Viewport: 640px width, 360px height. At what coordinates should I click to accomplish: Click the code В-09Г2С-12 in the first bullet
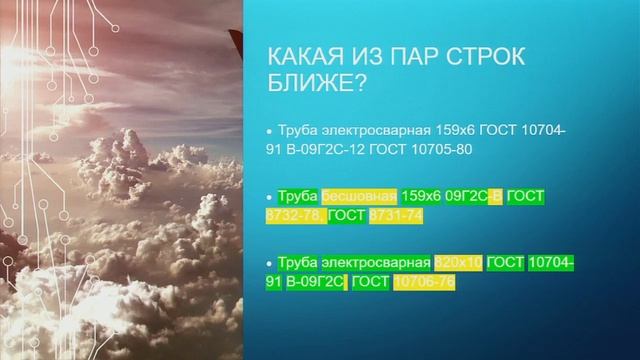[x=328, y=149]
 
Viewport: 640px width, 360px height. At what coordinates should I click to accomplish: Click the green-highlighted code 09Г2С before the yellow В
[x=467, y=195]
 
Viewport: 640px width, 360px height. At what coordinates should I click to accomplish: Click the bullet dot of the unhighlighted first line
[x=267, y=132]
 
